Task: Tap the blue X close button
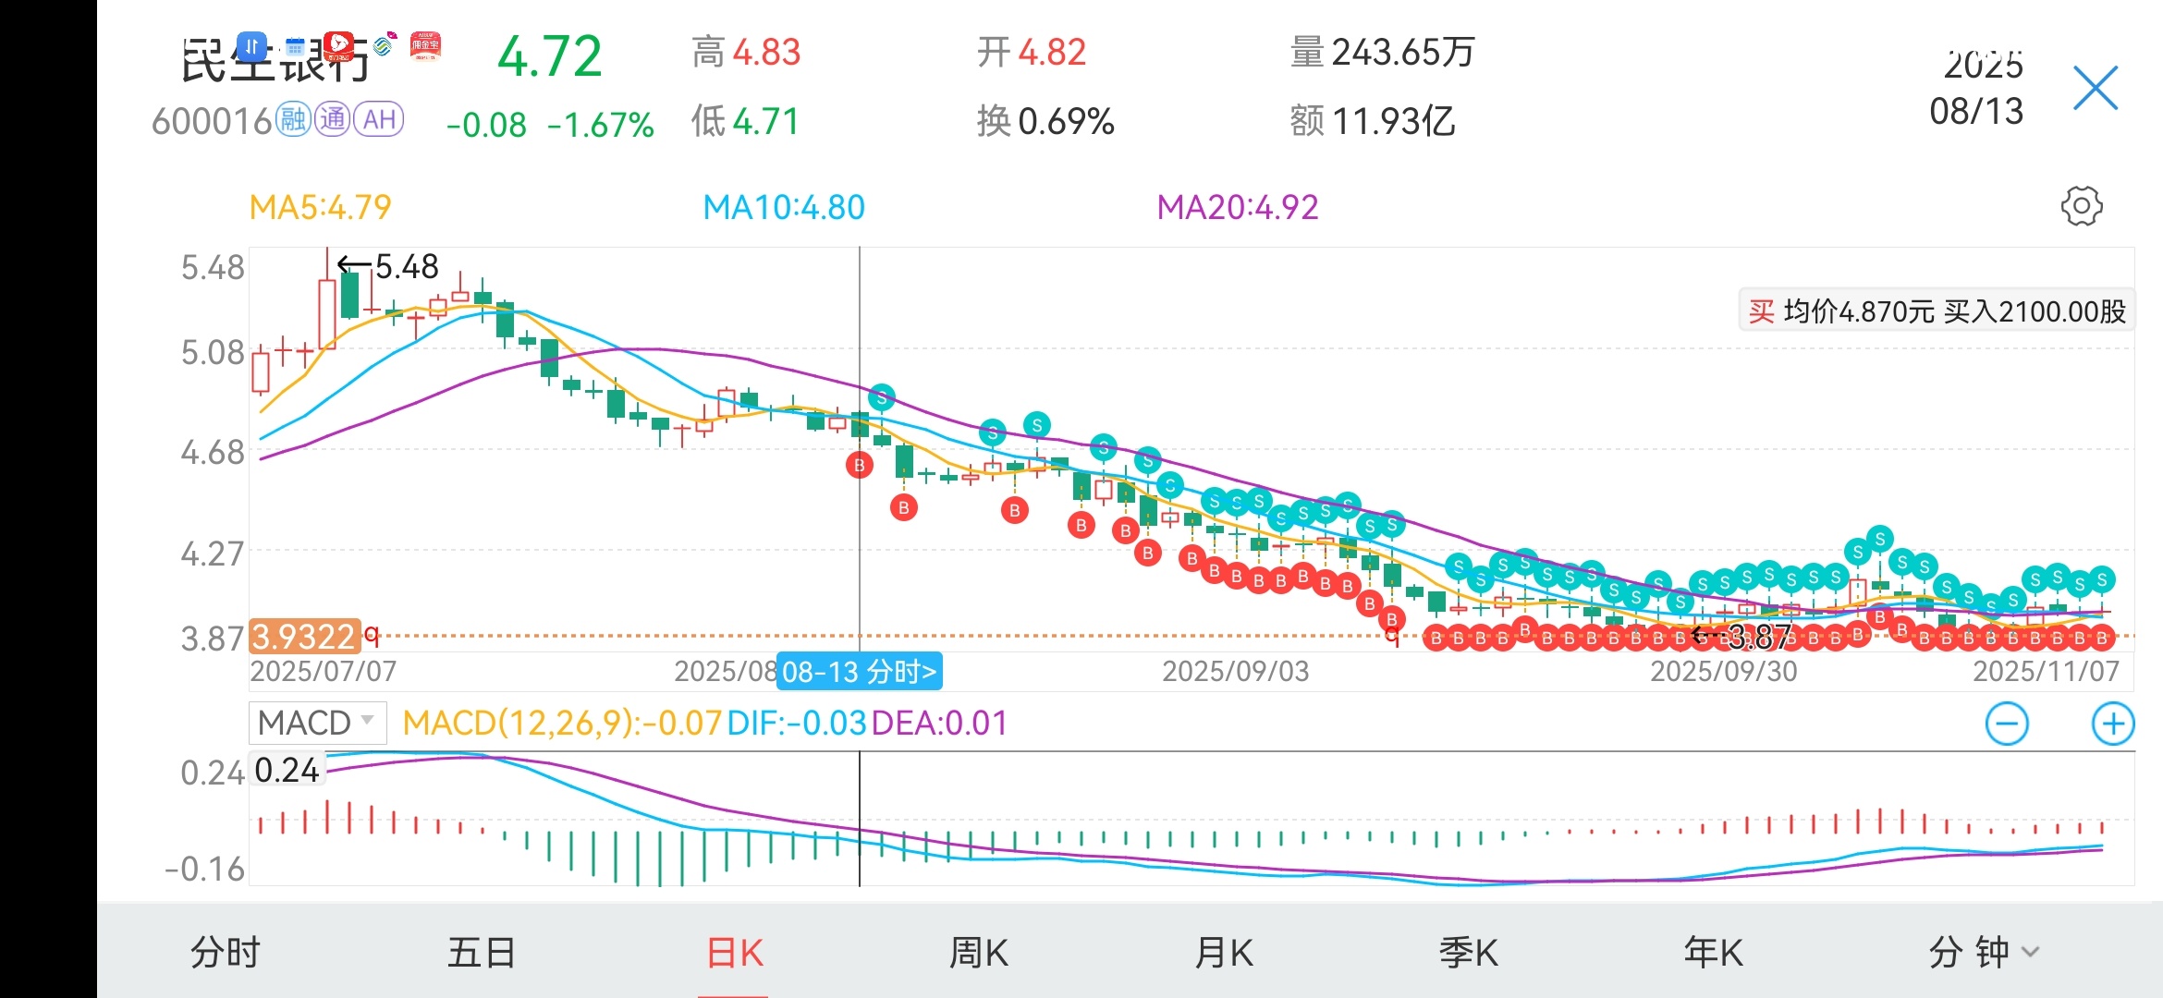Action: tap(2095, 89)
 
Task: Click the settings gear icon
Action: tap(2081, 206)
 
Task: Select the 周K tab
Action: tap(979, 953)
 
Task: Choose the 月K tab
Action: tap(1224, 953)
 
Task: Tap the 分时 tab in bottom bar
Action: tap(226, 953)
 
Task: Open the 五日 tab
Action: tap(482, 953)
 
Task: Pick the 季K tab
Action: tap(1469, 953)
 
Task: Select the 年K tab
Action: tap(1714, 953)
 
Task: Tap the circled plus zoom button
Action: tap(2113, 724)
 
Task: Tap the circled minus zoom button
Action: tap(2007, 724)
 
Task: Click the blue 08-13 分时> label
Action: tap(860, 671)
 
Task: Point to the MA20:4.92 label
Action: tap(1238, 207)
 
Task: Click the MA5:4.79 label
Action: tap(320, 207)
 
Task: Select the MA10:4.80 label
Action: tap(784, 207)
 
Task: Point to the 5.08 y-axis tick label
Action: tap(213, 353)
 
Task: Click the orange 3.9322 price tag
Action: tap(304, 637)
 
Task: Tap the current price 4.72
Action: tap(549, 57)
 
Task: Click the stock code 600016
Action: tap(212, 121)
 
